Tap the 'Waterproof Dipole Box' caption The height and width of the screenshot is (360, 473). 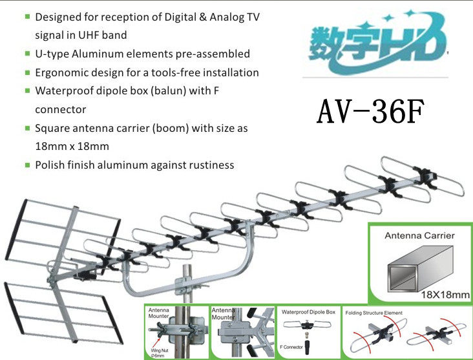click(307, 312)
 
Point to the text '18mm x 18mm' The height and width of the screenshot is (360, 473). click(72, 146)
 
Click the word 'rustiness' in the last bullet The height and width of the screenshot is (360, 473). click(211, 165)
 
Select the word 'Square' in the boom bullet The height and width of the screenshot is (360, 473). click(52, 128)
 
